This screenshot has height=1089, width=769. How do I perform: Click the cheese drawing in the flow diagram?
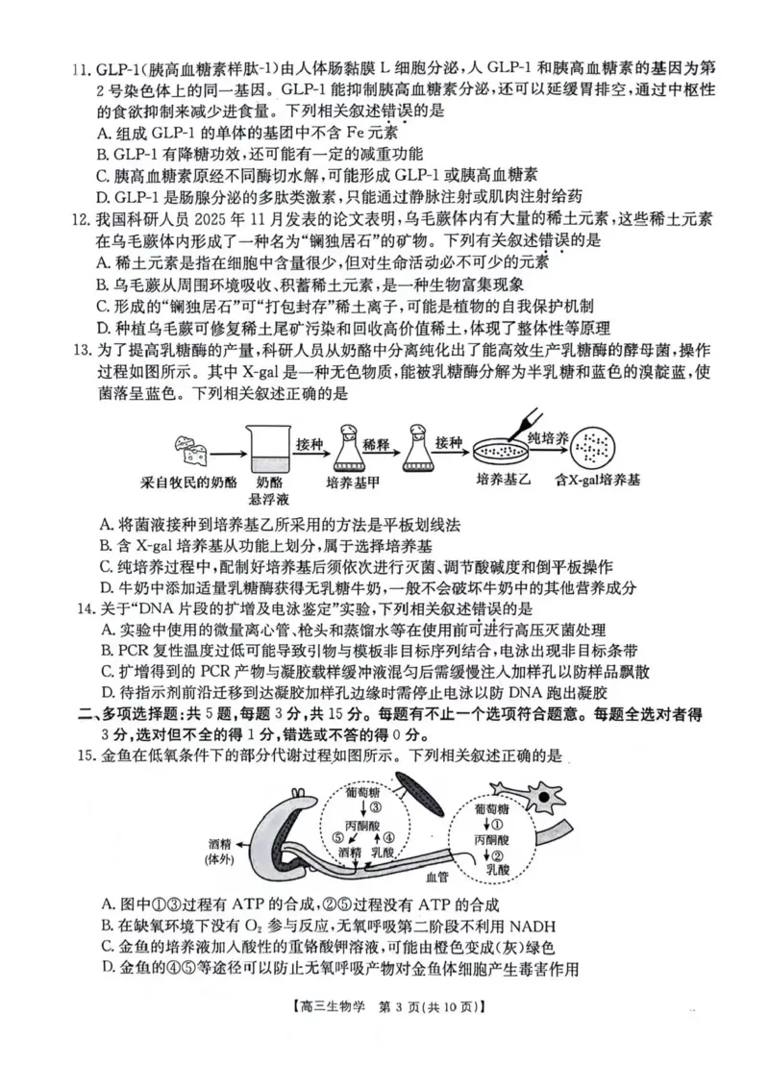[190, 444]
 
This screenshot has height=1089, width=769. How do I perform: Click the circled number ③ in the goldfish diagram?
[374, 807]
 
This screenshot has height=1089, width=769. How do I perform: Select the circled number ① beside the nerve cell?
[498, 823]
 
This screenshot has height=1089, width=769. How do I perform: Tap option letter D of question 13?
[106, 587]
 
